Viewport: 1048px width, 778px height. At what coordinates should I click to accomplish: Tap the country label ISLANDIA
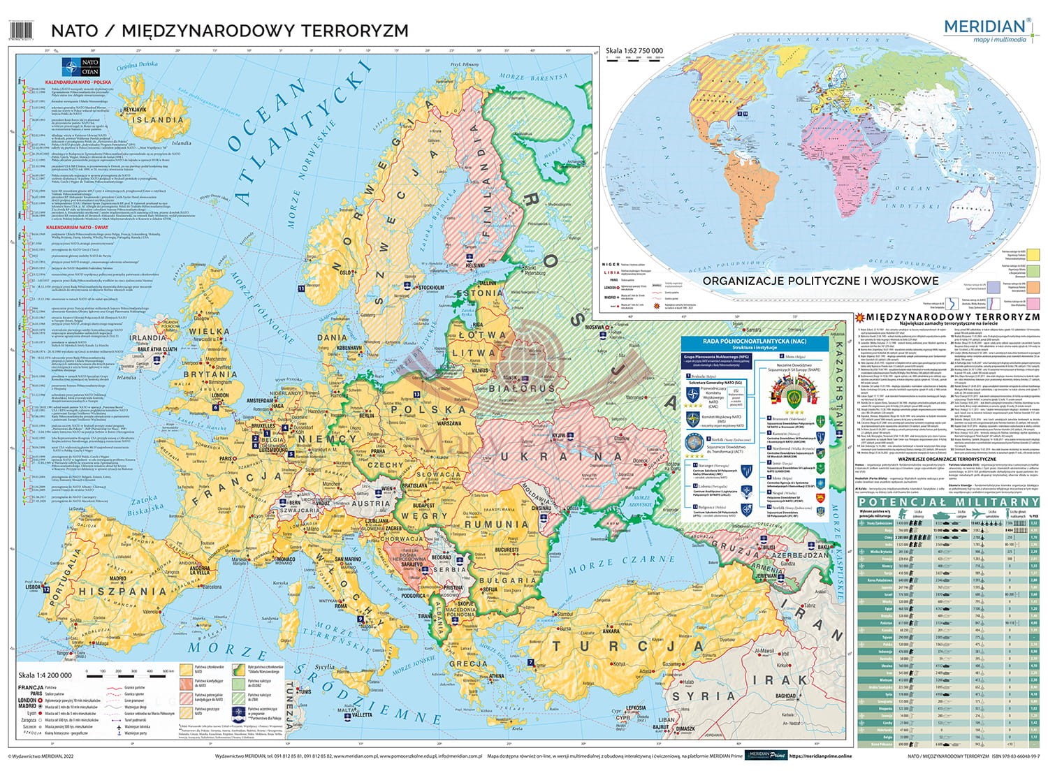[160, 119]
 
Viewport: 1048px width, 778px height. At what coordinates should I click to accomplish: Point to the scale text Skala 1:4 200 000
[43, 675]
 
